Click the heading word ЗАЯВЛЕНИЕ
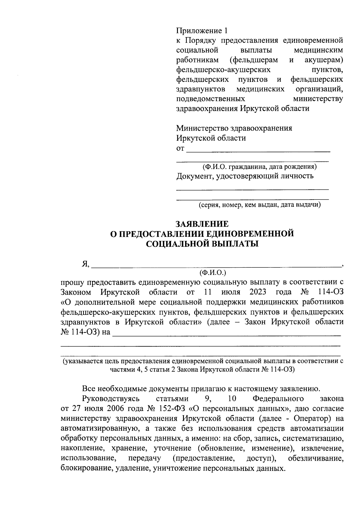[202, 224]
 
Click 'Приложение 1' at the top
[202, 31]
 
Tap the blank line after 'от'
[258, 151]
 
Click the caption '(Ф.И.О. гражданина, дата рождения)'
[259, 167]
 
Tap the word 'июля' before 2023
[231, 292]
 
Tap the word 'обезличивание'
[316, 458]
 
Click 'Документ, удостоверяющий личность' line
[245, 176]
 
